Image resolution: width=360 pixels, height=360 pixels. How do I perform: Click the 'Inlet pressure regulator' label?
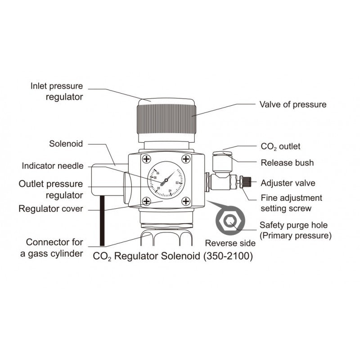(x=57, y=90)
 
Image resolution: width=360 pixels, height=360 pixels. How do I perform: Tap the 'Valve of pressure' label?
(x=292, y=104)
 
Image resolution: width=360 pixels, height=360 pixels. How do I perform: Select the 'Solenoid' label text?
(x=66, y=144)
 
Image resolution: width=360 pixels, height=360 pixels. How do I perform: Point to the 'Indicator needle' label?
(x=53, y=166)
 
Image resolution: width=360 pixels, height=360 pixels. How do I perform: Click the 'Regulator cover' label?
(x=50, y=209)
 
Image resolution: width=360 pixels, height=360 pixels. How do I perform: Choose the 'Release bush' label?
(x=287, y=162)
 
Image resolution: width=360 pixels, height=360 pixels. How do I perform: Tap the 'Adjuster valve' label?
(x=288, y=183)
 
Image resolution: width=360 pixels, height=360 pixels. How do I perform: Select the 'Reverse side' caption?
(x=230, y=243)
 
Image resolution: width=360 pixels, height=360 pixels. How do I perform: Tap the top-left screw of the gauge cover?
(x=146, y=158)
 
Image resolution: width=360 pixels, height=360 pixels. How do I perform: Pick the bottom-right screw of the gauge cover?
(x=185, y=201)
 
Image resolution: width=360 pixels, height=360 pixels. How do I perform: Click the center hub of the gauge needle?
(x=166, y=180)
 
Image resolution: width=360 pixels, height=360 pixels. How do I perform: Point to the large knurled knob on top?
(x=166, y=118)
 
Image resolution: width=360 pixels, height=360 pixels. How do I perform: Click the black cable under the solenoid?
(x=102, y=220)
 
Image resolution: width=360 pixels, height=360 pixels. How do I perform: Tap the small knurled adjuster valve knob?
(x=246, y=183)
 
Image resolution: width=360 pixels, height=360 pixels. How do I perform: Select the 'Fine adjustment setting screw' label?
(x=291, y=202)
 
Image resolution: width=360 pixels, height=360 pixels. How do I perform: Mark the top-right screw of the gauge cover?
(x=185, y=158)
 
